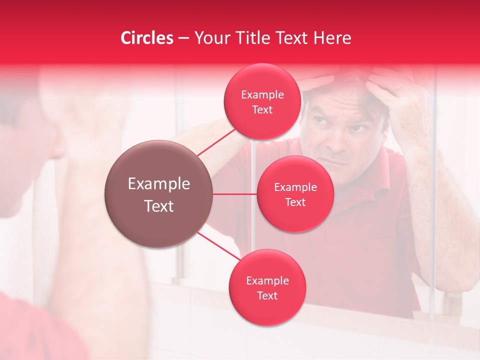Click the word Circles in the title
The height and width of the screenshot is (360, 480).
pos(147,38)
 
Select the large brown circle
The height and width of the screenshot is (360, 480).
pos(159,194)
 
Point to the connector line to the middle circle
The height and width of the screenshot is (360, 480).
pos(235,194)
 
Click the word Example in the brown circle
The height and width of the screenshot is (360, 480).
pos(159,184)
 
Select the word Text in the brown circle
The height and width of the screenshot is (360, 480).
pos(159,206)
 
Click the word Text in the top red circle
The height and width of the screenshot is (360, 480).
pos(262,110)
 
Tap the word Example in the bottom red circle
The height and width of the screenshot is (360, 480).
pos(267,281)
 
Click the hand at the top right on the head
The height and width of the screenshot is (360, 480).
pos(395,85)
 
